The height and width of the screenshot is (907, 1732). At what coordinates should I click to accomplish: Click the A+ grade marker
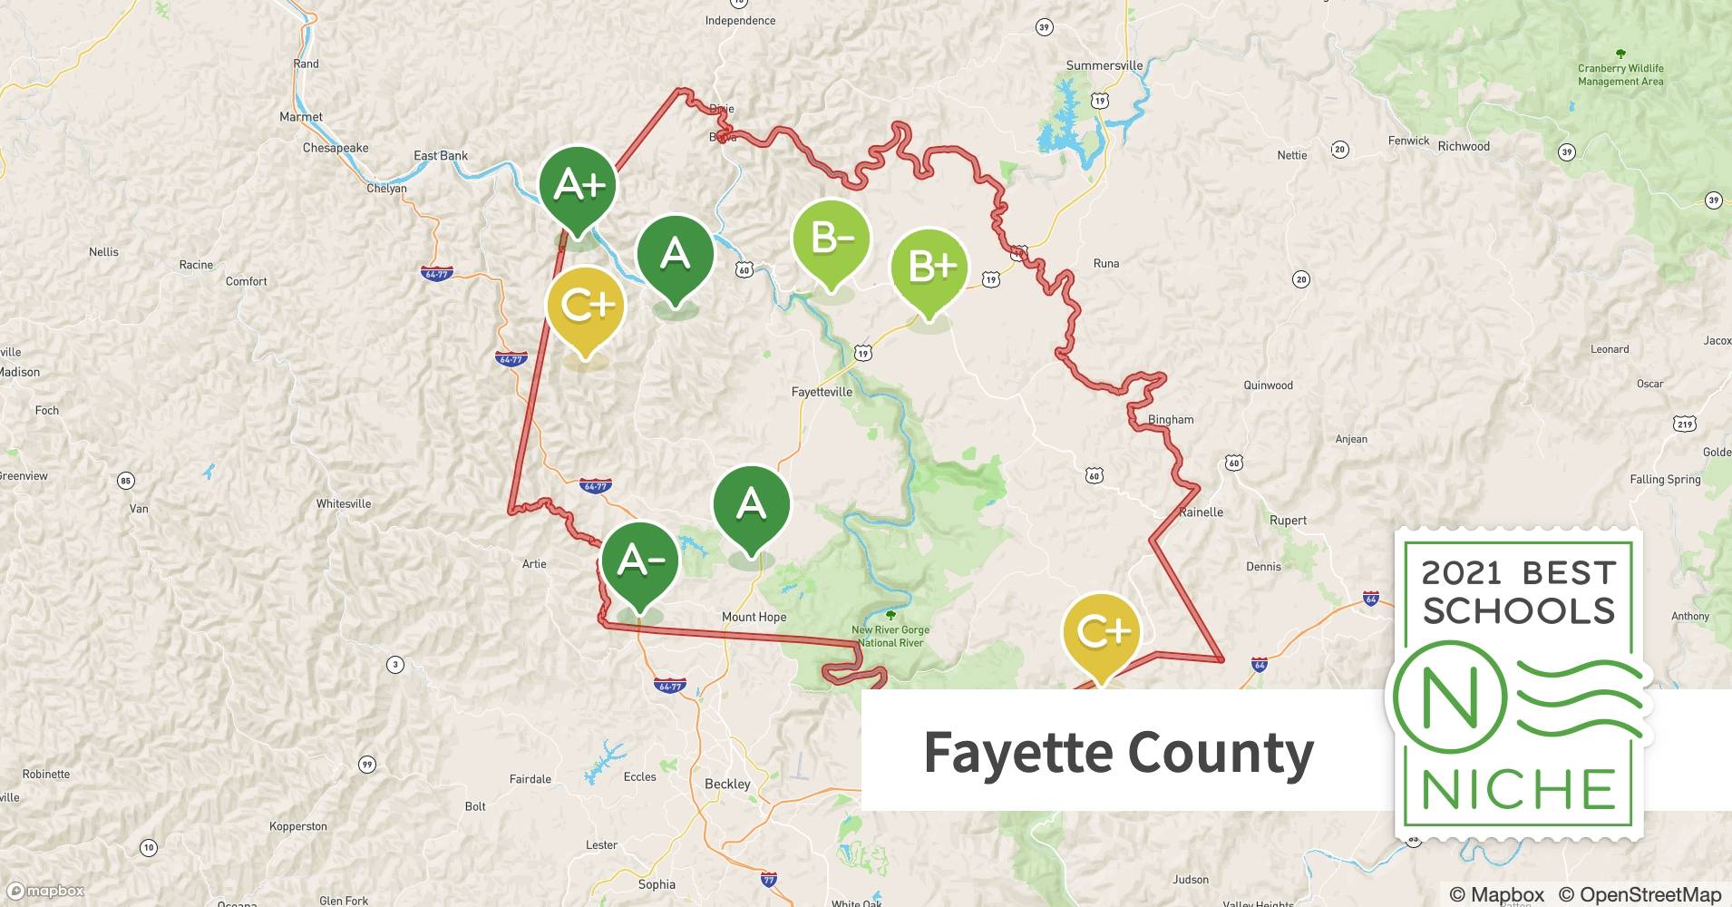578,186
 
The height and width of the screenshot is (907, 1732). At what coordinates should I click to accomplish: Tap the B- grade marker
831,239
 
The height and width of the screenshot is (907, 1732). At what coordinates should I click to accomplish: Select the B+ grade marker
929,267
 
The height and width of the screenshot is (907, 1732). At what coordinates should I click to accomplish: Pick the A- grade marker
639,561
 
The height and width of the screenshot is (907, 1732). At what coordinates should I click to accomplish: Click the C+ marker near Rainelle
1100,631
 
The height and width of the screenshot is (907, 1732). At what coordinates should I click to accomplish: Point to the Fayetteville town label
822,392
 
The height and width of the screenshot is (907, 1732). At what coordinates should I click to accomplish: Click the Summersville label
1104,65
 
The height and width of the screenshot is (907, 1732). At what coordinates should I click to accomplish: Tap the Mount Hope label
754,617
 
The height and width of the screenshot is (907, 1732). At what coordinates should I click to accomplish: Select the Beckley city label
727,784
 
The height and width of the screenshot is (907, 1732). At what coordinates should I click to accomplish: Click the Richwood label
1464,146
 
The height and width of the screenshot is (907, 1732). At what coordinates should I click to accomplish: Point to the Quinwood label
1268,385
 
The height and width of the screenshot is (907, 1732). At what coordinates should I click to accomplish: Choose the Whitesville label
344,503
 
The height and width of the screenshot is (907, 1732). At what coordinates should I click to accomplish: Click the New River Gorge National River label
890,636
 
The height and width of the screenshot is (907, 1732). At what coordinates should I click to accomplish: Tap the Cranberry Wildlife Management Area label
1620,74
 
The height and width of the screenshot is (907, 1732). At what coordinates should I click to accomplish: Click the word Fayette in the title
1017,753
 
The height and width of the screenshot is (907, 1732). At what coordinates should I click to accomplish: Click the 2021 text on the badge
1461,573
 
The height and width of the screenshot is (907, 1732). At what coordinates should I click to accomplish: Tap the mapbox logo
45,891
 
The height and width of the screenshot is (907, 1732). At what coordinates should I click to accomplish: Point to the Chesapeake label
336,148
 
